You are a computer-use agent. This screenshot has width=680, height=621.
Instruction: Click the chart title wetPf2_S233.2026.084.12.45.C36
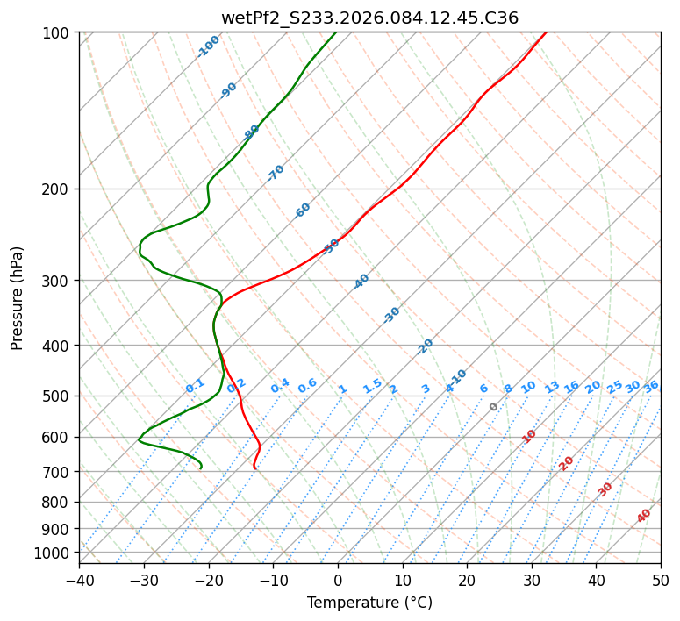pos(369,18)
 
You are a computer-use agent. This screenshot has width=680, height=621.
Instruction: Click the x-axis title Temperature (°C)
pos(369,603)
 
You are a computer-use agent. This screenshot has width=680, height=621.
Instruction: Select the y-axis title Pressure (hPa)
pos(18,298)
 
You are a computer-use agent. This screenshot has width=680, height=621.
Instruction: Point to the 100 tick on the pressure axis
pos(60,33)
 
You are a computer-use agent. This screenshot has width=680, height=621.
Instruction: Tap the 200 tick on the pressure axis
pos(60,189)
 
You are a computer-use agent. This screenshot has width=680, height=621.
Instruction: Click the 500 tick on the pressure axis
pos(60,396)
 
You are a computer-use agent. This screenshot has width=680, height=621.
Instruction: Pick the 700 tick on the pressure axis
pos(60,472)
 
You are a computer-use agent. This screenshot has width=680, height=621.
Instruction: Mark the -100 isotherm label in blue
pos(209,46)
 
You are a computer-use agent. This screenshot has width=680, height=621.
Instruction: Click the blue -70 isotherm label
pos(276,173)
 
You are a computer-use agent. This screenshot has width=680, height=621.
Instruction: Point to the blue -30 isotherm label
pos(391,315)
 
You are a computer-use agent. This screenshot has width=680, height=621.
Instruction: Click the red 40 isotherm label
pos(644,516)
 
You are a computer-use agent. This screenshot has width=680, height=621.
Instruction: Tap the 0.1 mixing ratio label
pos(195,386)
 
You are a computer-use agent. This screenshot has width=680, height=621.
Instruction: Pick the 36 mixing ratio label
pos(651,386)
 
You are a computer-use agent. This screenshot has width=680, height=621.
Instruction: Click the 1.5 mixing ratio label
pos(372,386)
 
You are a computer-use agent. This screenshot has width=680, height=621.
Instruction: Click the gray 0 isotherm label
pos(494,407)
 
